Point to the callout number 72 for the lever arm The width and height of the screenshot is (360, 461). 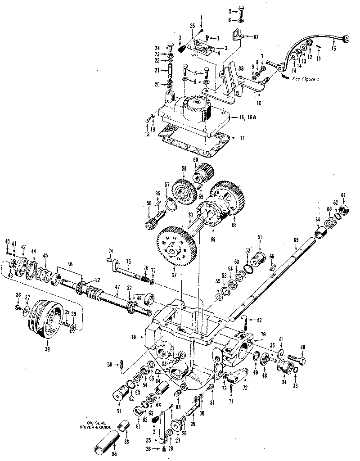(245, 387)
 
